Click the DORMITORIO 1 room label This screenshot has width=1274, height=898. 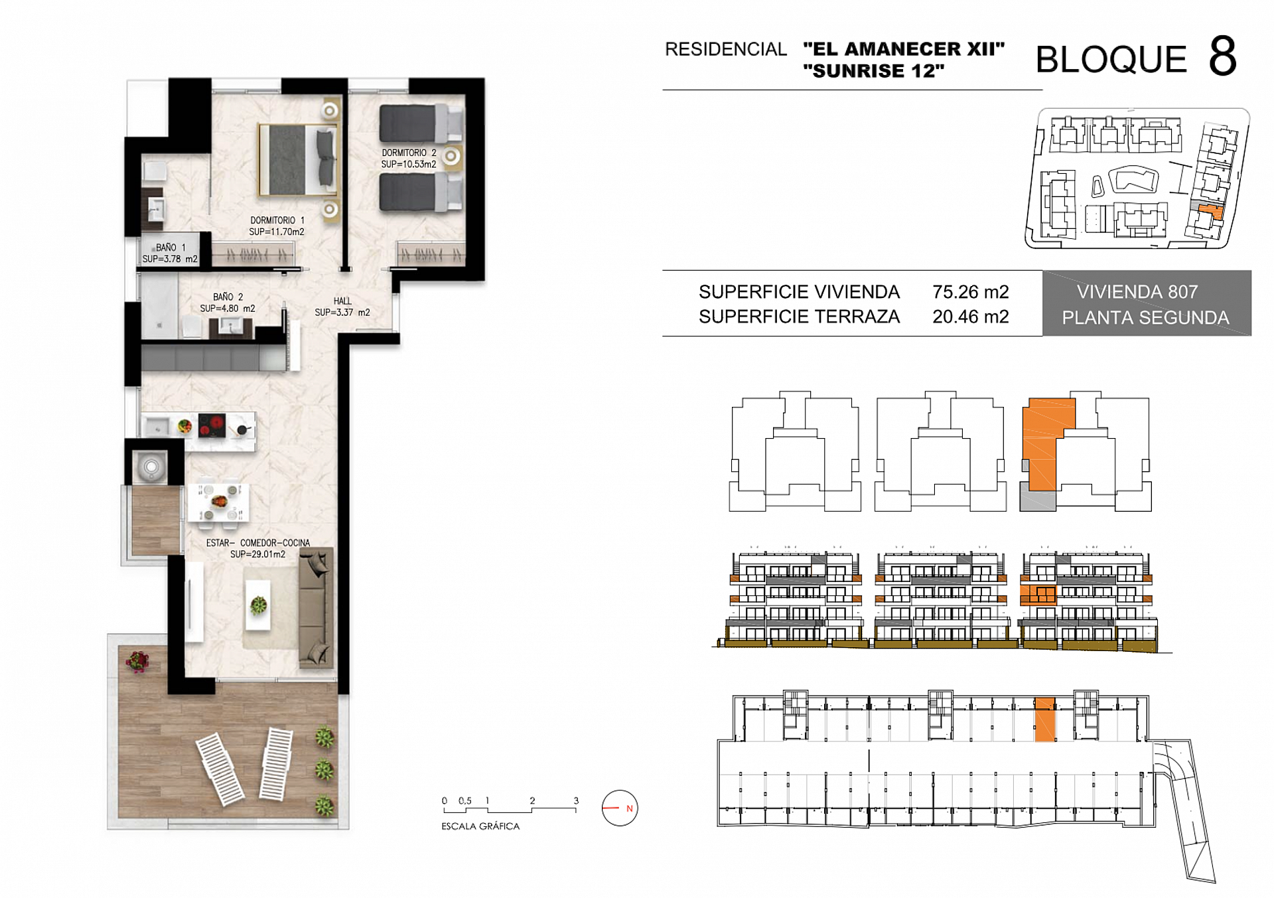277,226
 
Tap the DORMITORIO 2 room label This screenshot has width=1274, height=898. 409,158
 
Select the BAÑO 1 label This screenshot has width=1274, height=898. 170,253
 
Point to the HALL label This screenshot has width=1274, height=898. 342,306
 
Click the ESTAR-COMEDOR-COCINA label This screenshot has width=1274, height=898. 257,548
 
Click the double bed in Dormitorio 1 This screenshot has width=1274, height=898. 299,160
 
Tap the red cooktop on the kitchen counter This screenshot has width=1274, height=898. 212,425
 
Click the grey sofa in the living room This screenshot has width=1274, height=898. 315,607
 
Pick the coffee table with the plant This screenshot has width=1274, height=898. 259,605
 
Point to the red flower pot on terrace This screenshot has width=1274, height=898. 137,661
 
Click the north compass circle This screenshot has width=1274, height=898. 619,808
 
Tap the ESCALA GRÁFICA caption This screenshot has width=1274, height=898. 480,826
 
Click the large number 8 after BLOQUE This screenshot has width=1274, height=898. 1222,57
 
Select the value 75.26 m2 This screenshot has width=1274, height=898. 970,292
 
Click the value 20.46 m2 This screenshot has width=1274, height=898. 970,317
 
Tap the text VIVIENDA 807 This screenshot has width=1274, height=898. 1137,292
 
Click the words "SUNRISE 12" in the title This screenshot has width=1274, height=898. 873,71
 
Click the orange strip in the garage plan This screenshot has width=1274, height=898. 1044,719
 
